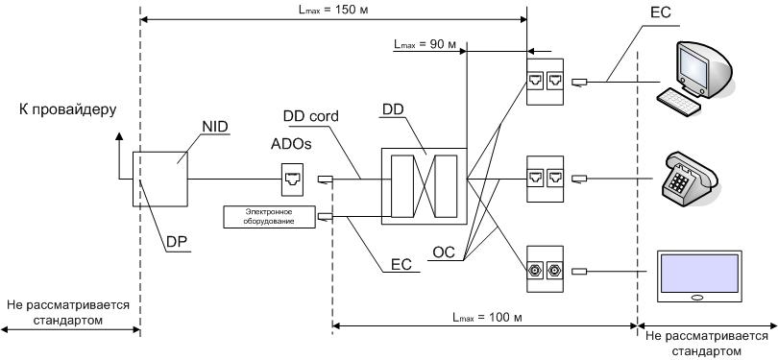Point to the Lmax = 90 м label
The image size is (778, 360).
tap(426, 45)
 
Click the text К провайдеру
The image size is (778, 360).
tap(66, 109)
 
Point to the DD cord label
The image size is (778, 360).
tap(314, 116)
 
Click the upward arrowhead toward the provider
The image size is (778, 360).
tap(119, 141)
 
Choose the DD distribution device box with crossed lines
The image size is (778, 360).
tap(423, 185)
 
